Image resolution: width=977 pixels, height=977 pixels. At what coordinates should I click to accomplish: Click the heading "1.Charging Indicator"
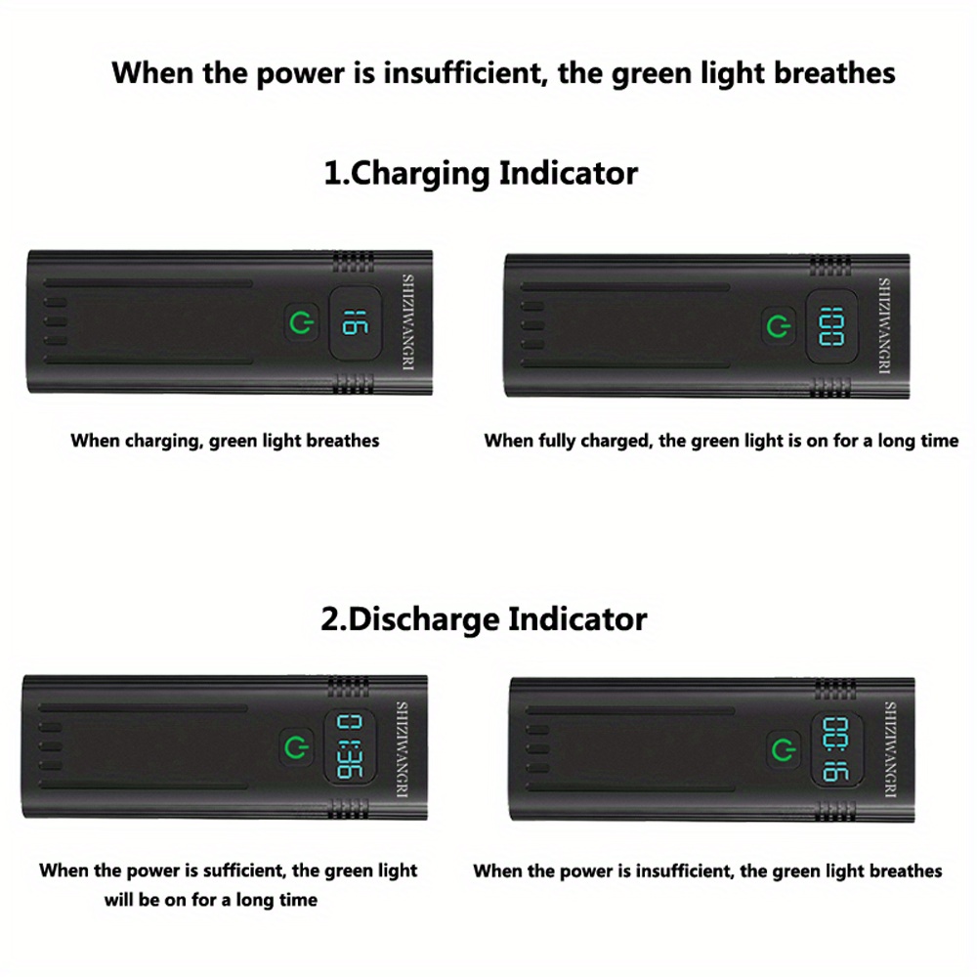tap(481, 174)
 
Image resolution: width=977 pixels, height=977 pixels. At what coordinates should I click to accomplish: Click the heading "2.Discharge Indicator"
tap(484, 618)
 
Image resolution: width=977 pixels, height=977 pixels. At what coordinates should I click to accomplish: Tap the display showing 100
tap(831, 324)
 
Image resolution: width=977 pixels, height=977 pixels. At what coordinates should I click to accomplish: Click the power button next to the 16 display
tap(302, 321)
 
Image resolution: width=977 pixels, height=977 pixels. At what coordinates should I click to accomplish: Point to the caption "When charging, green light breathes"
tap(225, 441)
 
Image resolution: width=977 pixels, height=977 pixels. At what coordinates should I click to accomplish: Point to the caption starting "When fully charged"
tap(721, 441)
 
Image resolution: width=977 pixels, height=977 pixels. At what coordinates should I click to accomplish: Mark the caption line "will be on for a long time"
tap(211, 900)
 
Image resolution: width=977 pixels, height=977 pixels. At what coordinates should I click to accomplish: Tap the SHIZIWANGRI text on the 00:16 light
tap(890, 750)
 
